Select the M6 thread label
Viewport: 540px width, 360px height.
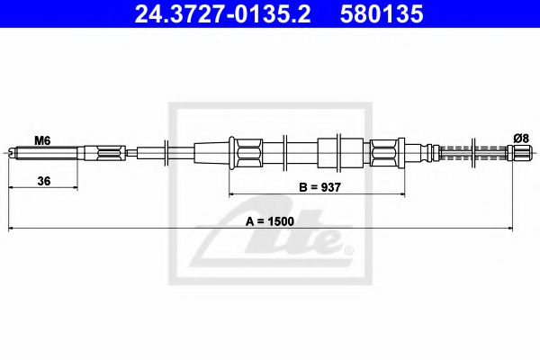coord(41,140)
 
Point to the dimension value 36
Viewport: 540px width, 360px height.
coord(43,181)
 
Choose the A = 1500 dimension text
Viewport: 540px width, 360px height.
coord(270,219)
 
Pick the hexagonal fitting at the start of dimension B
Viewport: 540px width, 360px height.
coord(246,152)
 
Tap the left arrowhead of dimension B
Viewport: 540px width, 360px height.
coord(233,193)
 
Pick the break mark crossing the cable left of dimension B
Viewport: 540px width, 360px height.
coord(166,152)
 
